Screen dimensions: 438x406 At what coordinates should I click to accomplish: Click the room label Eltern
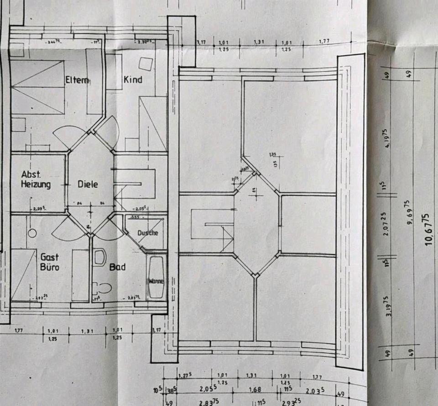[77, 80]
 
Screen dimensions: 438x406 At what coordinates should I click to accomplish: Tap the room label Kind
[133, 79]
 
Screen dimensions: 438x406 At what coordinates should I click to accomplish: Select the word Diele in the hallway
[88, 184]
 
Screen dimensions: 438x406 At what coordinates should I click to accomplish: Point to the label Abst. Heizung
[36, 179]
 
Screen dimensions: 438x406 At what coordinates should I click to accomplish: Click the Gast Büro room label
[49, 263]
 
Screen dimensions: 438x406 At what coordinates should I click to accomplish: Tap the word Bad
[117, 267]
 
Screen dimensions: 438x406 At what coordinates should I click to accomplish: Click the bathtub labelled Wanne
[155, 278]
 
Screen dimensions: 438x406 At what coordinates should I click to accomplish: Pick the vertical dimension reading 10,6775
[428, 229]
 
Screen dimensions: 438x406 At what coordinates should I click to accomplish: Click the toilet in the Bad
[104, 288]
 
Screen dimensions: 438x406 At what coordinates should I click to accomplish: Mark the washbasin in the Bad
[99, 257]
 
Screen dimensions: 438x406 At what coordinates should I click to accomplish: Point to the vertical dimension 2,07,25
[387, 223]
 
